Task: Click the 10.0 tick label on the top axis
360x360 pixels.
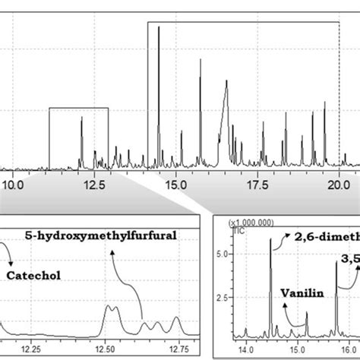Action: click(x=14, y=184)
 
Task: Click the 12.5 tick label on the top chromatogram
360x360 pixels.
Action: click(x=95, y=184)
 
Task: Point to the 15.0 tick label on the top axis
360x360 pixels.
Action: click(x=175, y=184)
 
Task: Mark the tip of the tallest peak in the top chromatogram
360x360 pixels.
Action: click(x=158, y=27)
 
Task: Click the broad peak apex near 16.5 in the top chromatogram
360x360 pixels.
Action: click(x=226, y=84)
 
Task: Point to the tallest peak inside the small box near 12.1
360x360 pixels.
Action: click(x=82, y=118)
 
